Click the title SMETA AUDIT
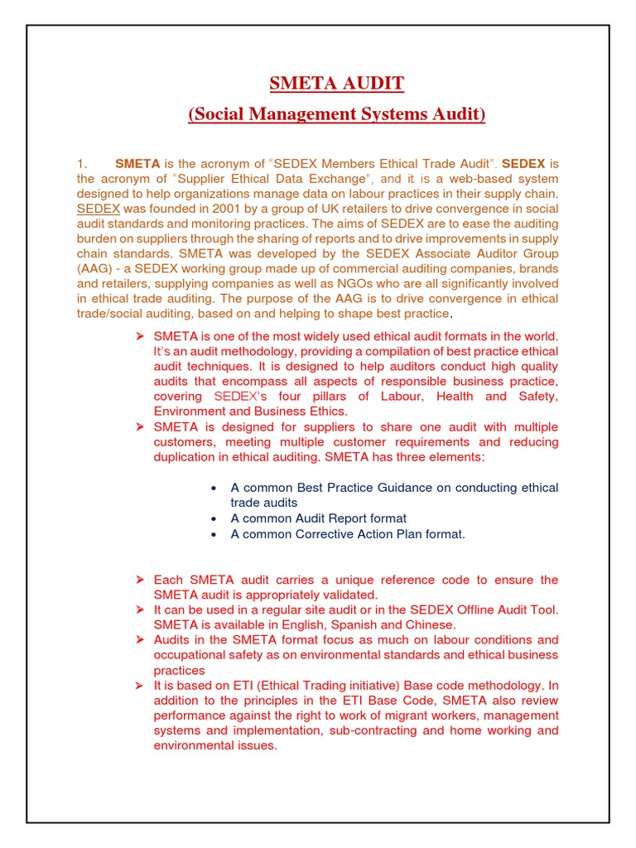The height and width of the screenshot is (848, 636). (x=337, y=84)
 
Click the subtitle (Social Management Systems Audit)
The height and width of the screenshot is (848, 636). (x=337, y=113)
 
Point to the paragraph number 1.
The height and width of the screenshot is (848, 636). (x=82, y=164)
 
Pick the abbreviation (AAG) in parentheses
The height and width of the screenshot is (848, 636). (x=92, y=269)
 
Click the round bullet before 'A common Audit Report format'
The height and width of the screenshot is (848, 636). (x=214, y=519)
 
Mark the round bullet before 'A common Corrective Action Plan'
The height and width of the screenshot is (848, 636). (x=214, y=535)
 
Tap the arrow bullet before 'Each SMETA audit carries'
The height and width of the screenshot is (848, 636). (x=140, y=580)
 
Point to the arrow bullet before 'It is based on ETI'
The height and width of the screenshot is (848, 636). (x=140, y=686)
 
